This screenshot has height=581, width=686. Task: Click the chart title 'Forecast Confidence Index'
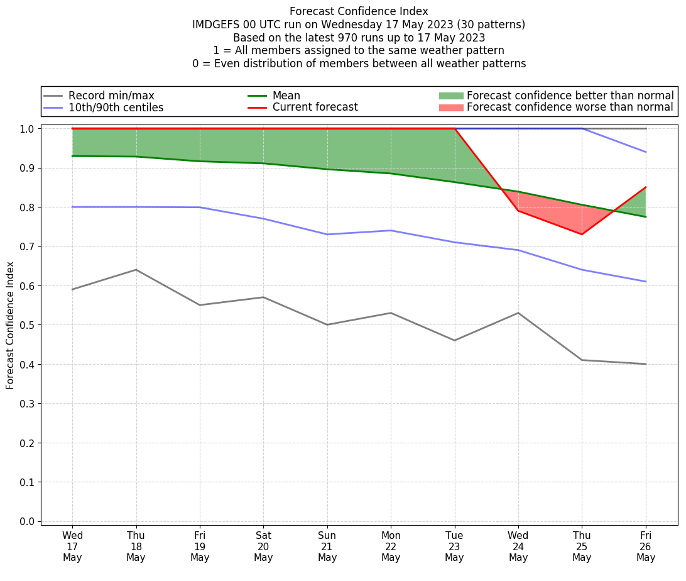(359, 11)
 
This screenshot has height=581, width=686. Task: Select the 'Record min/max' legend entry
(111, 96)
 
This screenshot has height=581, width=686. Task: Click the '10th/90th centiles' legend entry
(116, 108)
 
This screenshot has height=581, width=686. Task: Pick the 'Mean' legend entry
(286, 96)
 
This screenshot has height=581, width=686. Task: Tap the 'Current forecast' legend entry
(315, 108)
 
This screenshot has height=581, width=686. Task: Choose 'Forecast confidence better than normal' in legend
(570, 96)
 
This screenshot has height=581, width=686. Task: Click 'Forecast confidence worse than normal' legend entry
(570, 108)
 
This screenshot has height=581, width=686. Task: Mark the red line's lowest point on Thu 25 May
(582, 235)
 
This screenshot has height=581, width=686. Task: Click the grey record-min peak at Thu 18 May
(136, 270)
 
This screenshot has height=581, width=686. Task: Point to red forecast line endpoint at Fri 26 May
(646, 187)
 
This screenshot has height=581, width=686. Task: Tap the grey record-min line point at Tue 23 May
(454, 340)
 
